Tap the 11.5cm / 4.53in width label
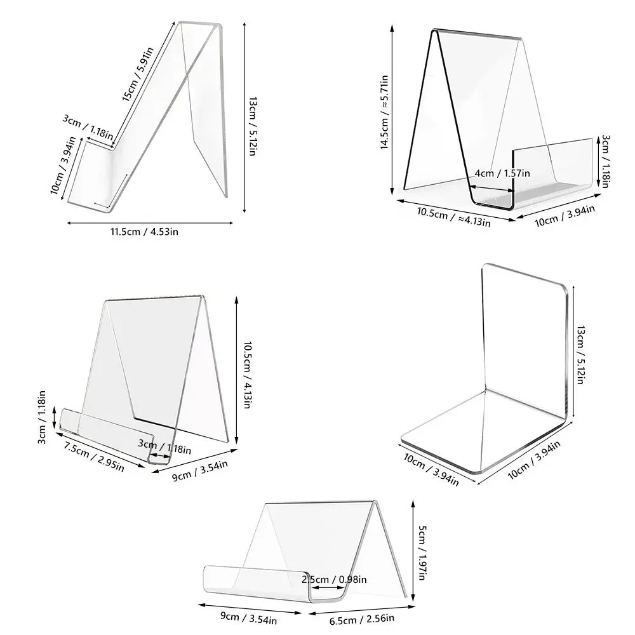145,232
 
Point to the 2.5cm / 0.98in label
335,578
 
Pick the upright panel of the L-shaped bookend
524,330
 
